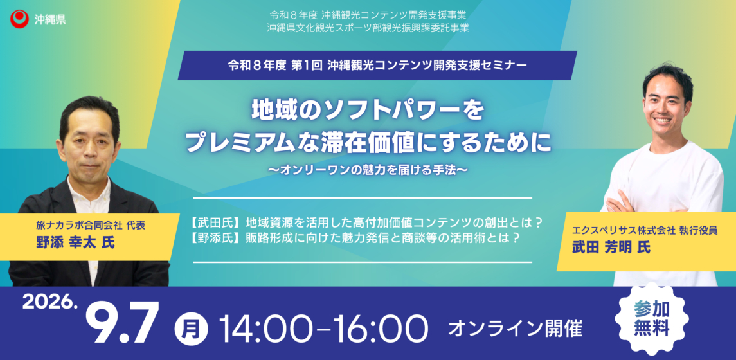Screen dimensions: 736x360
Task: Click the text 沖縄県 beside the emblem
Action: [50, 19]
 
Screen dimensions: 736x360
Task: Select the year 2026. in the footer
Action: [49, 303]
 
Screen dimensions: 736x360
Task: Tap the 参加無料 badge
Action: [651, 319]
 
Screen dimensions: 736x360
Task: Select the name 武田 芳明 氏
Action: [611, 248]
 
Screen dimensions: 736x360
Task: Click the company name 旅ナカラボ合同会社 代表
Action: [91, 225]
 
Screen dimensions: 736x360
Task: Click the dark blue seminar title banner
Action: [377, 66]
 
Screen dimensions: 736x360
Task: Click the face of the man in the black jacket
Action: [89, 141]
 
